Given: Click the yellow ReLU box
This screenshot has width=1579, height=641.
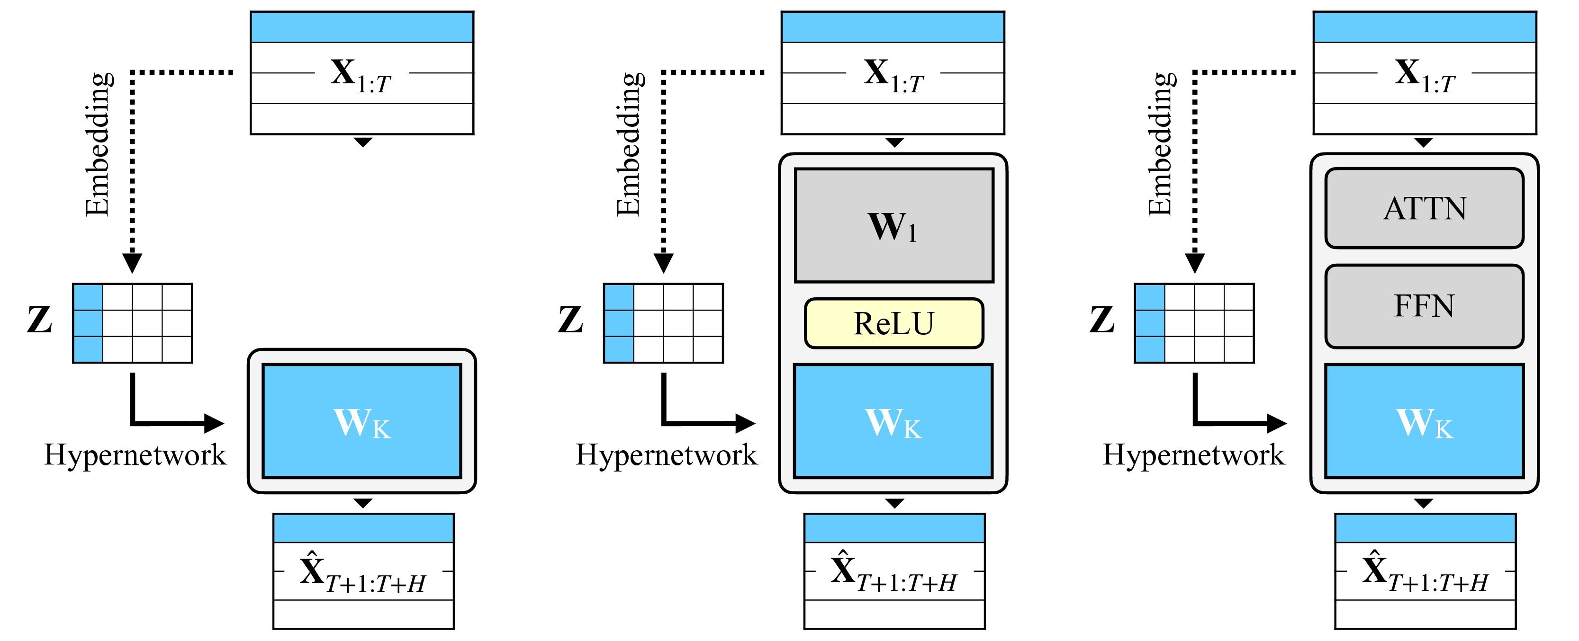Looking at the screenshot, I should (x=893, y=323).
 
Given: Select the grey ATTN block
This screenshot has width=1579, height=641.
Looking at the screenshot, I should (x=1424, y=208).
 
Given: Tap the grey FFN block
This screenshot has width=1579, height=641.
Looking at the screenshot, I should (x=1424, y=306).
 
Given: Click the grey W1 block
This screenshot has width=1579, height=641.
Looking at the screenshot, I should (x=893, y=225).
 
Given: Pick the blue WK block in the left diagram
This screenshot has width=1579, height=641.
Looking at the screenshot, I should (x=361, y=421).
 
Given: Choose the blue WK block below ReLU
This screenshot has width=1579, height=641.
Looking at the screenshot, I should (x=893, y=421).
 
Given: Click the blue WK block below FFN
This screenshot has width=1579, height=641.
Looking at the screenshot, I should (x=1424, y=421).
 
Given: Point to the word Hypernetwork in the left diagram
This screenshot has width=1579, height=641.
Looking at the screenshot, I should (x=135, y=454).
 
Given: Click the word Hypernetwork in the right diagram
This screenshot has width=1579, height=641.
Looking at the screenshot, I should (x=1193, y=454).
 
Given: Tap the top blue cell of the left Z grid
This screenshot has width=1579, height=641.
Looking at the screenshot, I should (x=88, y=297).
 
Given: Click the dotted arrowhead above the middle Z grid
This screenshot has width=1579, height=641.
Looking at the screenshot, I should (x=663, y=263).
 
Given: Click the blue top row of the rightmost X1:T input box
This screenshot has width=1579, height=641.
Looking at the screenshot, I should (x=1424, y=27).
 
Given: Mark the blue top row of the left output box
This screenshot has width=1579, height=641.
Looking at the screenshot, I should (x=363, y=528).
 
